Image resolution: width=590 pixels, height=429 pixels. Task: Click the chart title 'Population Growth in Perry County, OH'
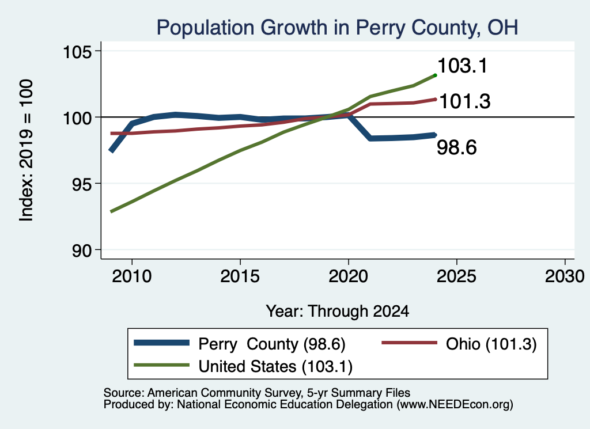pyautogui.click(x=337, y=28)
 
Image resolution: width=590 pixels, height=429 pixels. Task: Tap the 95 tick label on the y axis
pyautogui.click(x=82, y=184)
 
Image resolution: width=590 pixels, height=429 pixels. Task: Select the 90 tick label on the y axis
pyautogui.click(x=82, y=250)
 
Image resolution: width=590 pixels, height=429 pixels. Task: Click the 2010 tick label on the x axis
pyautogui.click(x=132, y=276)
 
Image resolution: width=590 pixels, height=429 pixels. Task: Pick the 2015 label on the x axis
pyautogui.click(x=240, y=276)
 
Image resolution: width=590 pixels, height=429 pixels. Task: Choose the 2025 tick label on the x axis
pyautogui.click(x=456, y=276)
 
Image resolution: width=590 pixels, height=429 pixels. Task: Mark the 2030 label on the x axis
pyautogui.click(x=565, y=276)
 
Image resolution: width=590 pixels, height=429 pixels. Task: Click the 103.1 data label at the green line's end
pyautogui.click(x=463, y=66)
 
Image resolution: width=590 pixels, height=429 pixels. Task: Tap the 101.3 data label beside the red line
pyautogui.click(x=465, y=101)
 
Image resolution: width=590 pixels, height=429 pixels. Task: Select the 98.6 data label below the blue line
pyautogui.click(x=457, y=147)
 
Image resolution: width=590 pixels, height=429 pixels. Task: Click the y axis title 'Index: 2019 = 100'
pyautogui.click(x=27, y=150)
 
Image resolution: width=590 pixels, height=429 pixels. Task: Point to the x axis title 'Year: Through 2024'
pyautogui.click(x=338, y=312)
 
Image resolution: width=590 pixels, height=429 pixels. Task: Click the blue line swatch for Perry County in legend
pyautogui.click(x=161, y=343)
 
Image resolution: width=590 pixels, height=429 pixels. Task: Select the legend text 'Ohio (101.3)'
pyautogui.click(x=491, y=344)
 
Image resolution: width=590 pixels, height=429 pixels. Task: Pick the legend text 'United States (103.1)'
pyautogui.click(x=275, y=367)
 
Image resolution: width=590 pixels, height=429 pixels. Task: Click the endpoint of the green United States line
pyautogui.click(x=436, y=75)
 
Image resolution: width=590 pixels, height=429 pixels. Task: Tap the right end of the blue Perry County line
pyautogui.click(x=435, y=135)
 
